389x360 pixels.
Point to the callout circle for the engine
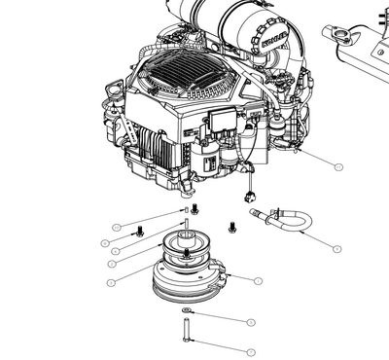pos(338,166)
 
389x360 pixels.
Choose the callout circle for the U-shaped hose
pos(337,249)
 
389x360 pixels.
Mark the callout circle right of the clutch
pos(258,280)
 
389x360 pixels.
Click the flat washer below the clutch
pos(187,312)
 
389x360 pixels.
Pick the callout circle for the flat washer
pos(250,321)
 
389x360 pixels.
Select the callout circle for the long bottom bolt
pos(250,351)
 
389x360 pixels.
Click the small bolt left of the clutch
pos(141,231)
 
